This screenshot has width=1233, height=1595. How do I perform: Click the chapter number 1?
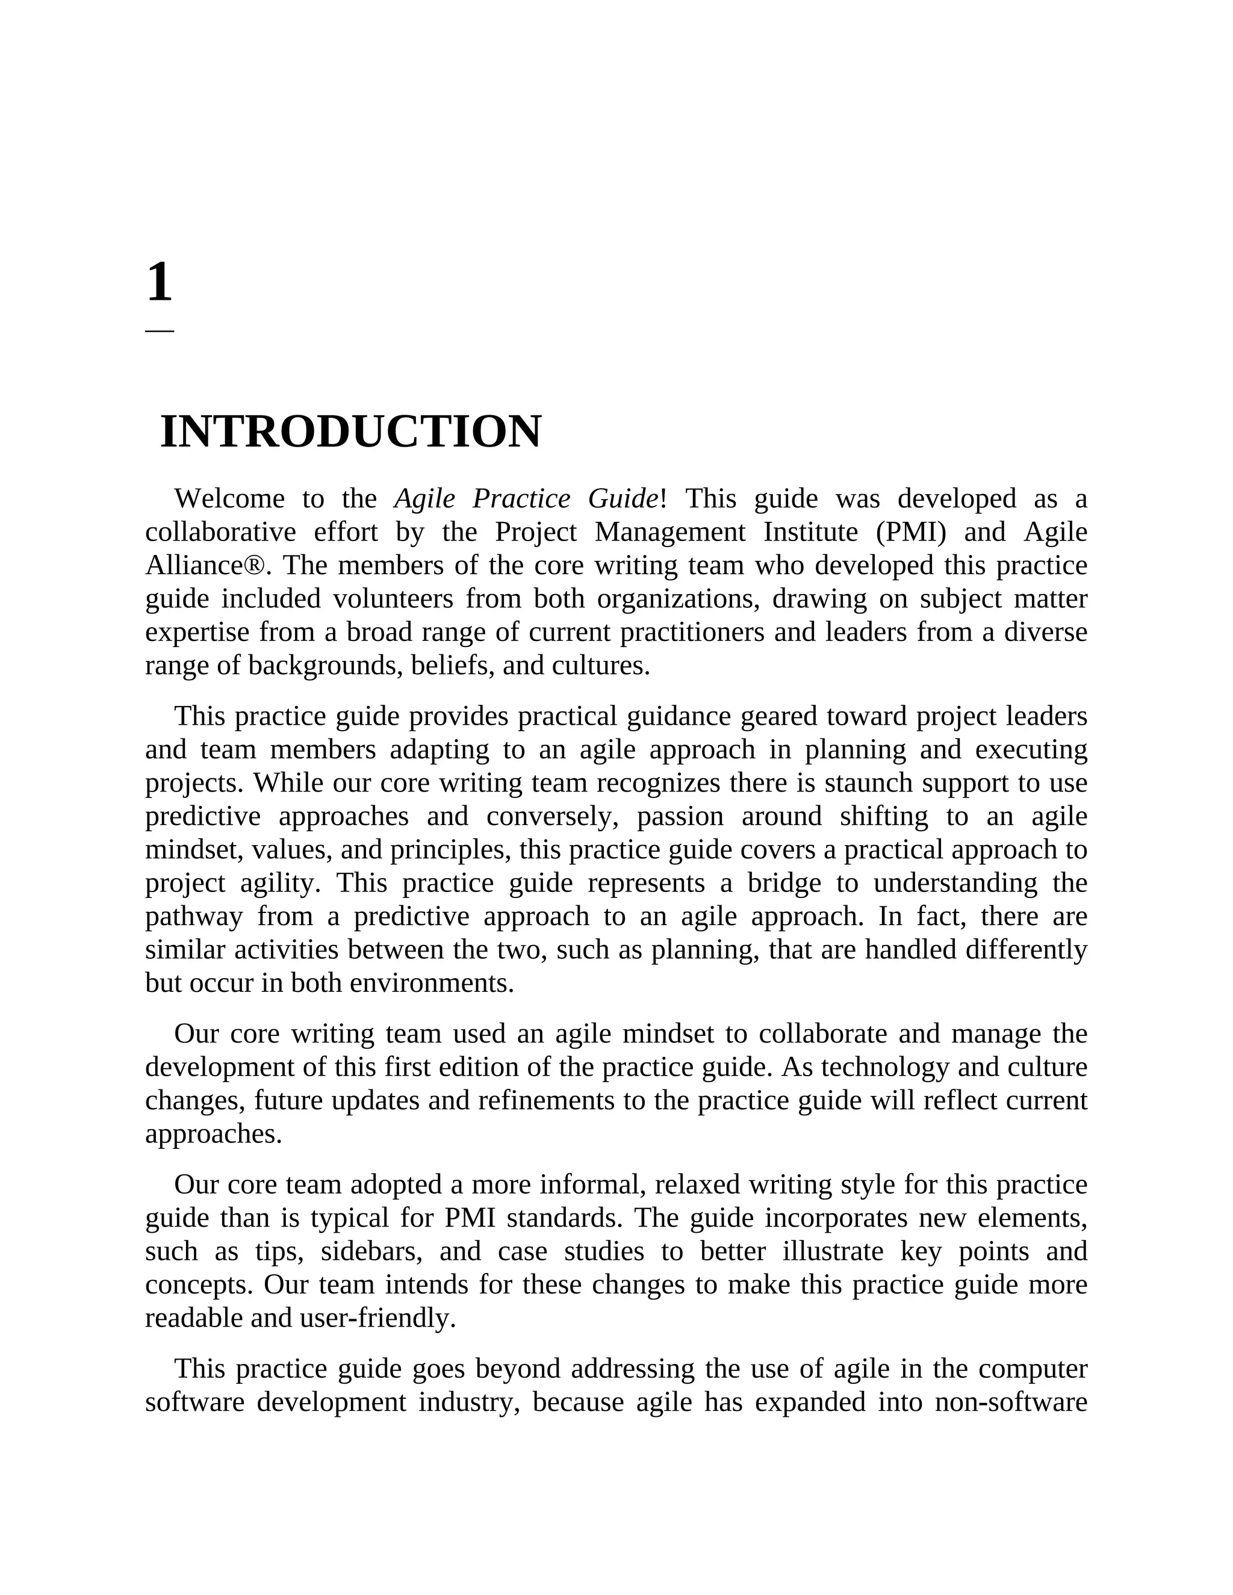159,283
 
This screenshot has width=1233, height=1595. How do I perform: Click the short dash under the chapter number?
159,331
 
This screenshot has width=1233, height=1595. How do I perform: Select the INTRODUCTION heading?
350,432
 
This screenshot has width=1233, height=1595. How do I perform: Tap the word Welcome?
229,499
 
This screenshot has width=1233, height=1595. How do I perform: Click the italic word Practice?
521,499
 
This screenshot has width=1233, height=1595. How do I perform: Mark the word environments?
432,983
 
